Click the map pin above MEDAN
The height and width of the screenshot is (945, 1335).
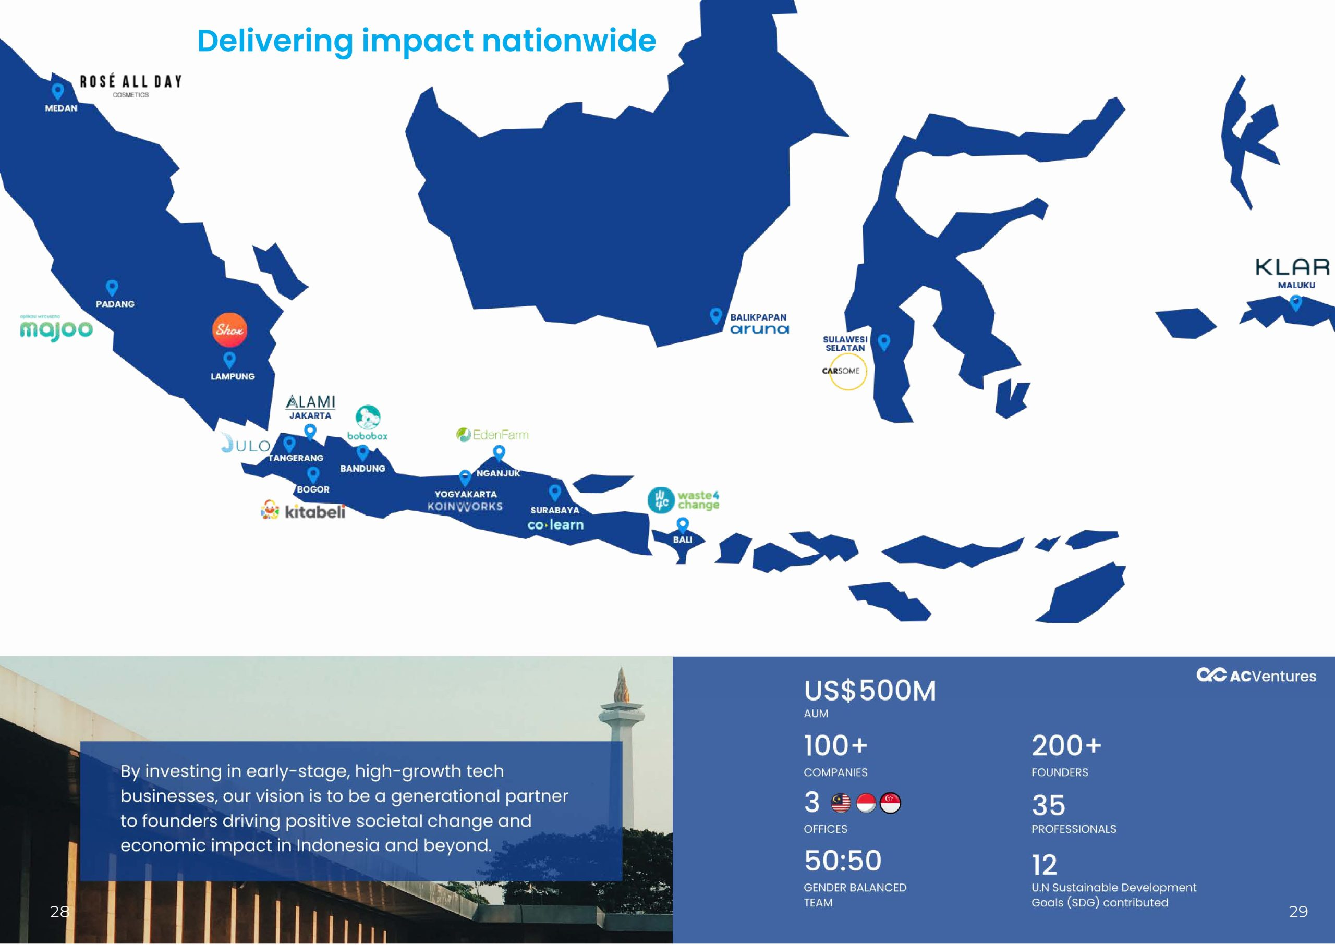(58, 91)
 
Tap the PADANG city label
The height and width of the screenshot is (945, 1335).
(115, 304)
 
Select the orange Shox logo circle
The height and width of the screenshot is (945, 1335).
(229, 330)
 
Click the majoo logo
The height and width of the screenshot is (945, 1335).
(56, 328)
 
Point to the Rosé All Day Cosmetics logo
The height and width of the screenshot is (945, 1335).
(130, 85)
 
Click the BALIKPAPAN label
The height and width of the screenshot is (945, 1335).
(758, 317)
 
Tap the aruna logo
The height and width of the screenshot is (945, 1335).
(760, 329)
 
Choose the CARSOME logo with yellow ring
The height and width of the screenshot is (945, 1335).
(845, 371)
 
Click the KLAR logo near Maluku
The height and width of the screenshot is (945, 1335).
(1292, 267)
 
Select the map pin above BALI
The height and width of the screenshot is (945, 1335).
(682, 525)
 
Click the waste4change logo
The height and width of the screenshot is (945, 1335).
(684, 500)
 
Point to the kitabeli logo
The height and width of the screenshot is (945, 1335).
(303, 511)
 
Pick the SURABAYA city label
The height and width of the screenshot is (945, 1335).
(555, 510)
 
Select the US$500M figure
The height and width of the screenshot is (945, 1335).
(870, 691)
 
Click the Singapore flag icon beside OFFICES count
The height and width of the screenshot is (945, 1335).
(890, 803)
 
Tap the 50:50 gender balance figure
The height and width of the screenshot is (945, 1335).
(842, 861)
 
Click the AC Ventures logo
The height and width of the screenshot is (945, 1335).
(1256, 676)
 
